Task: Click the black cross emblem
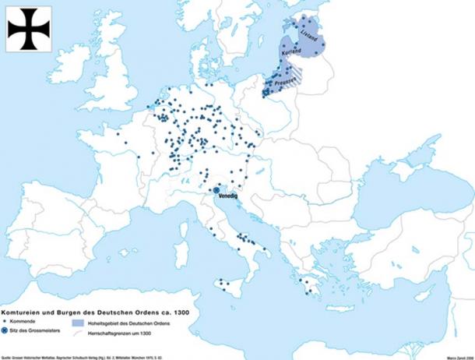coord(29,29)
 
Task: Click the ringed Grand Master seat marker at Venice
coord(217,189)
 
